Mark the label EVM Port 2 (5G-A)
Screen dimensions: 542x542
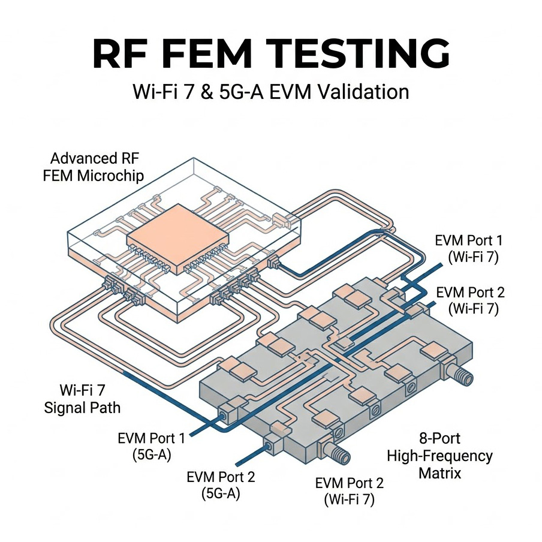[x=221, y=486]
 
